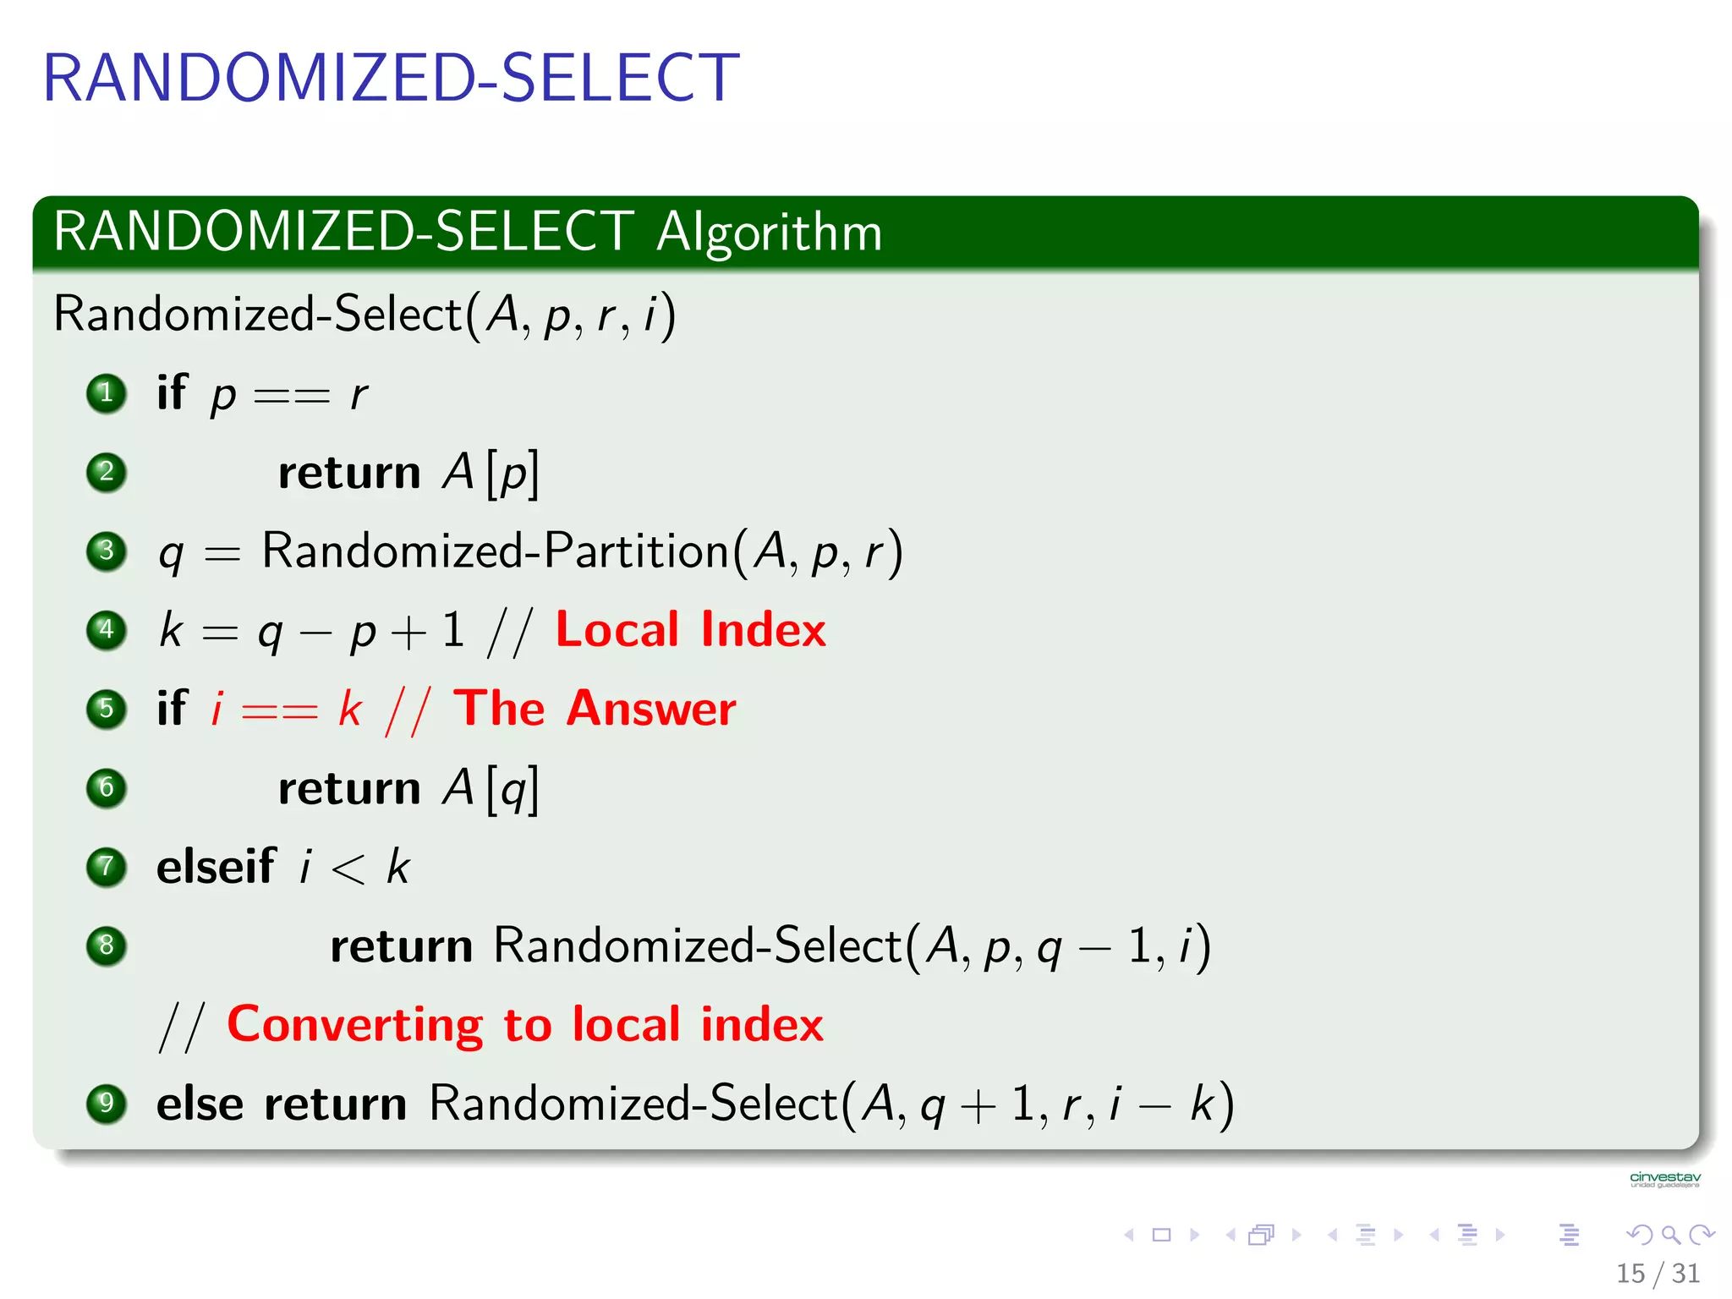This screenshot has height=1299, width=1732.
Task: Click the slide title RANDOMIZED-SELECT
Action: click(391, 78)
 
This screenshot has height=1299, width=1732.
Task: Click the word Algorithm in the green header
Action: click(769, 232)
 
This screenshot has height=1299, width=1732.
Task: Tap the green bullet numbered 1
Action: click(107, 393)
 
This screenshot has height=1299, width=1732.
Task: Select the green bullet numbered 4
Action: click(107, 630)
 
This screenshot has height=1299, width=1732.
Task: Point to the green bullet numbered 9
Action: click(107, 1104)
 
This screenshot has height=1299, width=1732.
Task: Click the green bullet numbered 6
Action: click(107, 788)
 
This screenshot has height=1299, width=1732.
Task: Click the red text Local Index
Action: click(690, 630)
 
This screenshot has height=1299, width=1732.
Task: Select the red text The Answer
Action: click(595, 709)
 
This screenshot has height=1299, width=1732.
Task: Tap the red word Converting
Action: click(355, 1025)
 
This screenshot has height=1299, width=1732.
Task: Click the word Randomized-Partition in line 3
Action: click(495, 551)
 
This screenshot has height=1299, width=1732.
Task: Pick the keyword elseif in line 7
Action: click(216, 867)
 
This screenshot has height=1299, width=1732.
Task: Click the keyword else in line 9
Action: click(200, 1104)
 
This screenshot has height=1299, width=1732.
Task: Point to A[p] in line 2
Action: click(491, 473)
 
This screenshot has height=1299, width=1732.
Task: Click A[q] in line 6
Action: click(491, 789)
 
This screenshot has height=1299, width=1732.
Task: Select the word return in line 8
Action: click(401, 946)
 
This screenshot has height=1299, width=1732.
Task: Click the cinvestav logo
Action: click(1664, 1179)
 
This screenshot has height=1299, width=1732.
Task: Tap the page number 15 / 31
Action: click(1657, 1273)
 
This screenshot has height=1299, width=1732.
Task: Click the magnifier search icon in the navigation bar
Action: click(1670, 1236)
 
